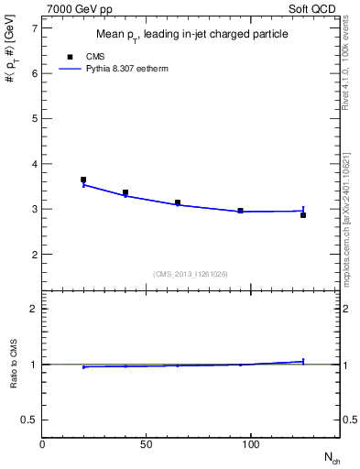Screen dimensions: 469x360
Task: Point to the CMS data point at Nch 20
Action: click(83, 180)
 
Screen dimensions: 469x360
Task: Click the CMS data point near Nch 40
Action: click(125, 192)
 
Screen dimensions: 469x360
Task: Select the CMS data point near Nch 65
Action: click(178, 202)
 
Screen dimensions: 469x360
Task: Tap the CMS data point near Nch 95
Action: click(240, 211)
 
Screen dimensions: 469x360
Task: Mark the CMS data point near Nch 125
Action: click(303, 214)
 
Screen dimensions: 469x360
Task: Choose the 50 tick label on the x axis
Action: click(147, 445)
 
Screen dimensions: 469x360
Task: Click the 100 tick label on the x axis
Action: click(250, 445)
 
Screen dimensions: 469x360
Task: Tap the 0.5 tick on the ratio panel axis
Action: click(29, 420)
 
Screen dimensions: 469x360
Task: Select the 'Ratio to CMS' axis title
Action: click(14, 365)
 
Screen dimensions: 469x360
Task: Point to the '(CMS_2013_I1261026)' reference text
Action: click(191, 273)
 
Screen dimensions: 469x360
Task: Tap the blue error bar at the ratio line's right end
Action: click(303, 361)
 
